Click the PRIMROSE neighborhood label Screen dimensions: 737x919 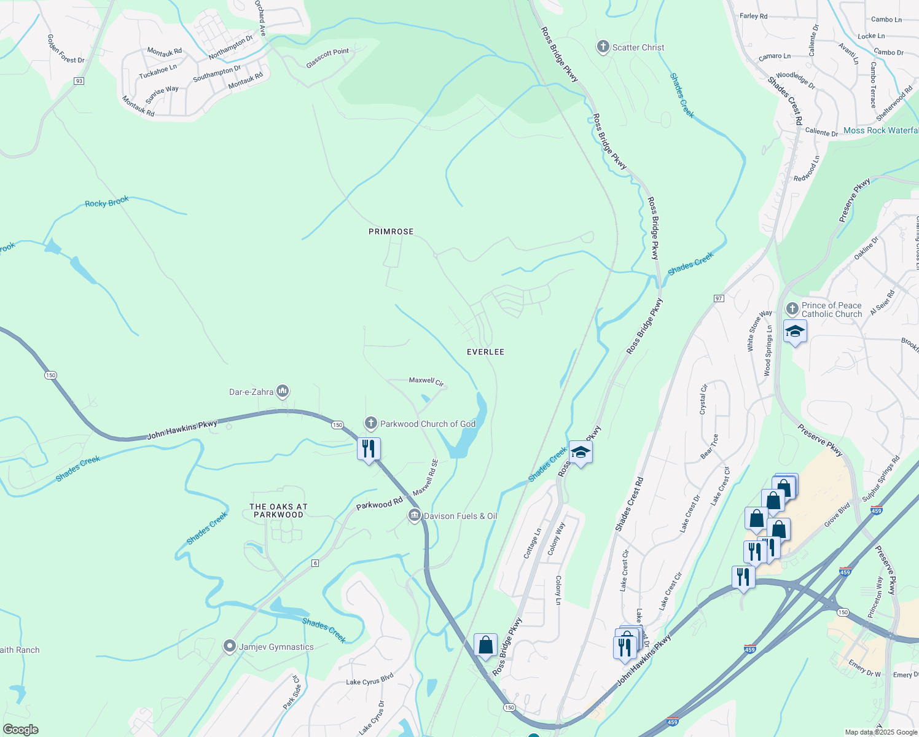[x=391, y=232]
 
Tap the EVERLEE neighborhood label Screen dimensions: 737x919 [x=485, y=352]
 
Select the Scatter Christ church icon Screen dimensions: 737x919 [x=603, y=47]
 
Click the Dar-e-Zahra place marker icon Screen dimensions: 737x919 [x=283, y=391]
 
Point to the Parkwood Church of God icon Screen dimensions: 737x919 [x=370, y=423]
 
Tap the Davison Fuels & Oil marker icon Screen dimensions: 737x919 [x=415, y=515]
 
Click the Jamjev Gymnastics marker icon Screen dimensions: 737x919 [x=230, y=646]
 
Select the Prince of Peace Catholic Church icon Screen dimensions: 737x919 [x=792, y=308]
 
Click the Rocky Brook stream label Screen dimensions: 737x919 [x=107, y=202]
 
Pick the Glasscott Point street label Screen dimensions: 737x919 [x=327, y=58]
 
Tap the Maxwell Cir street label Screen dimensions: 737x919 [x=426, y=381]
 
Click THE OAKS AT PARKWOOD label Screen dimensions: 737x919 [x=278, y=511]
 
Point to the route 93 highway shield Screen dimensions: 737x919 [x=79, y=81]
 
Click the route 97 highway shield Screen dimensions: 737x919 [x=719, y=298]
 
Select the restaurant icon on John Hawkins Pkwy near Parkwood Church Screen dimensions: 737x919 [x=369, y=449]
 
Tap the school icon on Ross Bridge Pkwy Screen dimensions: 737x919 [x=581, y=453]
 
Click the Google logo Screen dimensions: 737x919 [x=21, y=730]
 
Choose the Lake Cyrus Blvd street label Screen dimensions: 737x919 [x=370, y=680]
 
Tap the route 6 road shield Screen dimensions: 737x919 [x=315, y=563]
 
